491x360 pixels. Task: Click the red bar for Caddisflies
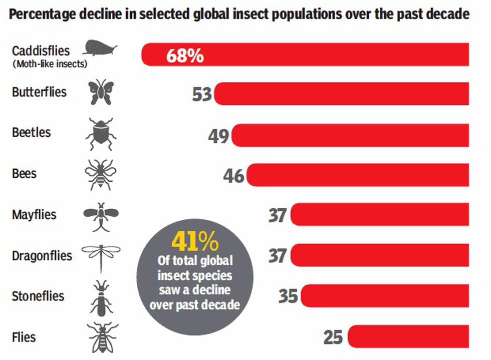(x=326, y=54)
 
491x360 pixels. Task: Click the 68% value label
(x=185, y=55)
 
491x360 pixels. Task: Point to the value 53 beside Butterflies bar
(x=202, y=94)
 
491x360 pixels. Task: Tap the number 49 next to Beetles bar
(x=219, y=135)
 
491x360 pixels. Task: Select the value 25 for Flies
(x=333, y=336)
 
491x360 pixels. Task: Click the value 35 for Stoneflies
(x=288, y=296)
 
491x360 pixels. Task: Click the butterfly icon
(x=101, y=93)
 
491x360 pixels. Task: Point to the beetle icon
(x=101, y=134)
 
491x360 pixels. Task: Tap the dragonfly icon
(x=101, y=255)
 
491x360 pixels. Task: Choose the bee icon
(x=101, y=174)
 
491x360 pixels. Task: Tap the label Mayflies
(x=34, y=215)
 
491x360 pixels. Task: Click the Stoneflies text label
(x=38, y=296)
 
